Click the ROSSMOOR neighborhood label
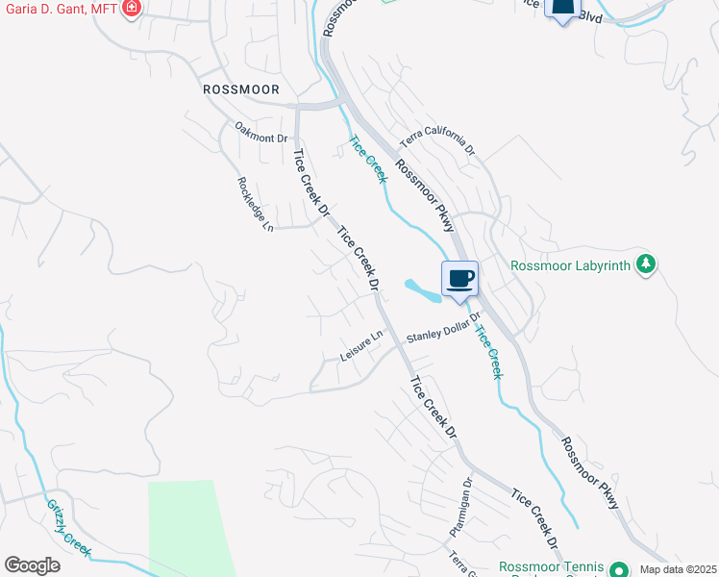coord(241,89)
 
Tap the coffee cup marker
coord(459,279)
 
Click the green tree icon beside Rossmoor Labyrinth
coord(646,264)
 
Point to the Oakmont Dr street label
coord(261,132)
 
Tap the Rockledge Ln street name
coord(256,205)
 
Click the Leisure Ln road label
coord(361,348)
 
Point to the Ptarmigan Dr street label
coord(459,507)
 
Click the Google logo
coord(32,564)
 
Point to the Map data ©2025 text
coord(677,569)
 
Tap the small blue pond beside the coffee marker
coord(423,288)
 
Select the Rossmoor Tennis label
coord(551,567)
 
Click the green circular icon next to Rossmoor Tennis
coord(619,567)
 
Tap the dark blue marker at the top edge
coord(563,9)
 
